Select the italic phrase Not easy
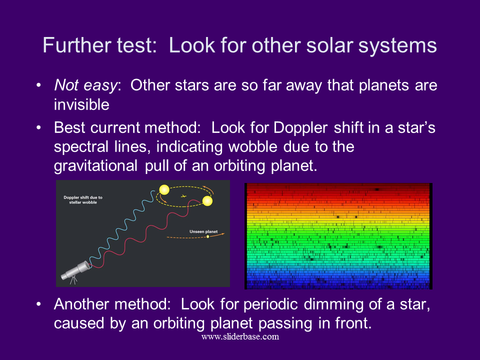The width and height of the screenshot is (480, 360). tap(85, 85)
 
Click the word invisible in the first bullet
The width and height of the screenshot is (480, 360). tap(81, 104)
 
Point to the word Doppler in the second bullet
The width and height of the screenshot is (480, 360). tap(300, 128)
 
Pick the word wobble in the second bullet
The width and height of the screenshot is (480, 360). tap(253, 146)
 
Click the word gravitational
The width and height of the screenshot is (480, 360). tap(95, 166)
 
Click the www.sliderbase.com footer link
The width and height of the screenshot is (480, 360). tap(240, 336)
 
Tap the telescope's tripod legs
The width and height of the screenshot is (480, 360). tap(73, 280)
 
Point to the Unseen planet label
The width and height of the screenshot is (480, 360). tap(203, 231)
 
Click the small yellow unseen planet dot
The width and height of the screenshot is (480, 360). tap(208, 236)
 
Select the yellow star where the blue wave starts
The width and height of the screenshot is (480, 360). tap(164, 190)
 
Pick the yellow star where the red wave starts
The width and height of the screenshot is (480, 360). tap(207, 201)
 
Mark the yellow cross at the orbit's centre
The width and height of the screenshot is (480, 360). tap(183, 196)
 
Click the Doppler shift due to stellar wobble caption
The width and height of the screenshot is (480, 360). tap(83, 200)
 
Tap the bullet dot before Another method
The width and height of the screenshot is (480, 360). tap(38, 304)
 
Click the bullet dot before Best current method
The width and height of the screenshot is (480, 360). tap(38, 127)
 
